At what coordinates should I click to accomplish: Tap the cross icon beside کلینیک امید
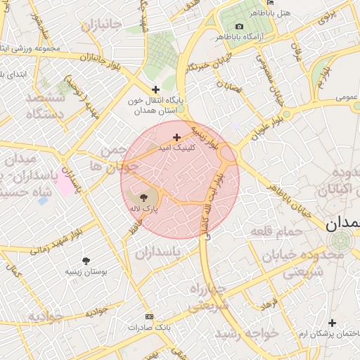click(176, 137)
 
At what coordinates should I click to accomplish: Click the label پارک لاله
click(143, 209)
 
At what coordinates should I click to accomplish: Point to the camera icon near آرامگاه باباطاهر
click(239, 26)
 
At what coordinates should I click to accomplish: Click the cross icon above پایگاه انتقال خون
click(155, 89)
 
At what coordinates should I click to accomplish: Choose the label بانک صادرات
click(149, 328)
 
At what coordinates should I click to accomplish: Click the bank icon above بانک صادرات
click(148, 317)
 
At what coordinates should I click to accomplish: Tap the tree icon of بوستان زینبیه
click(86, 261)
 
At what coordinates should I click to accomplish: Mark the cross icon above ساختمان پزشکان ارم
click(333, 323)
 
